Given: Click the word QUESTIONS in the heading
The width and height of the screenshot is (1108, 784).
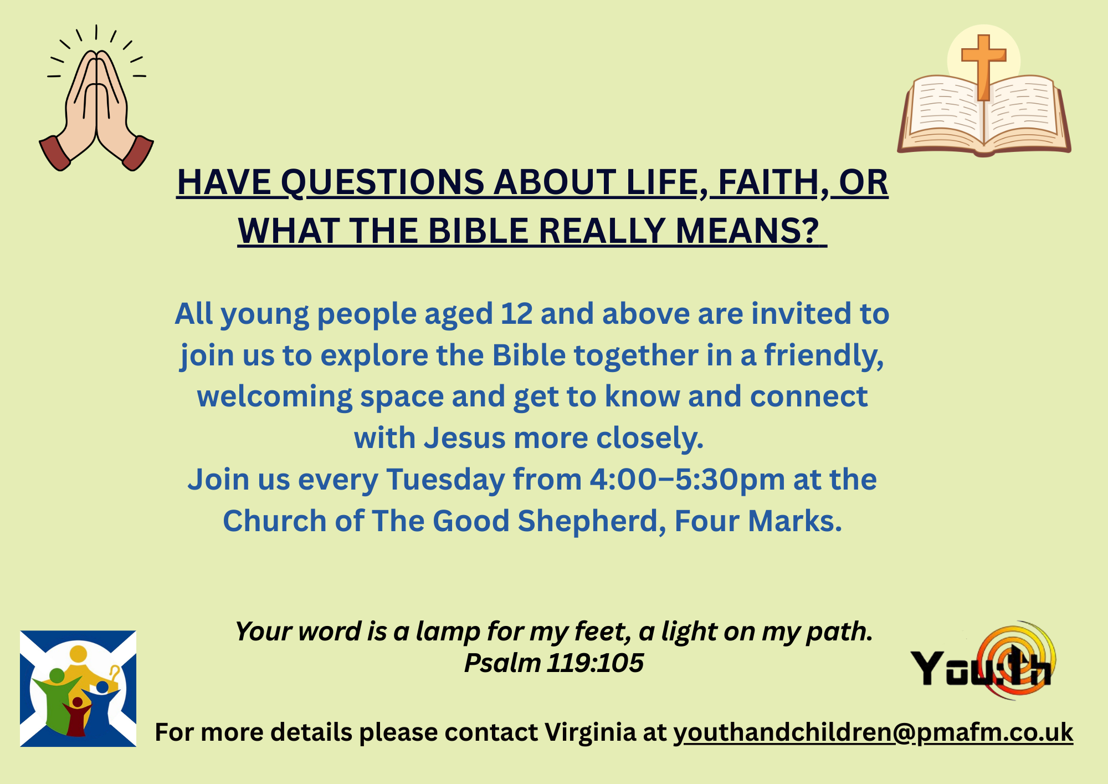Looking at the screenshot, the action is tap(383, 183).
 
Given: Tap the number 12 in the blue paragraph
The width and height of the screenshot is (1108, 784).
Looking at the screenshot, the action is tap(517, 314).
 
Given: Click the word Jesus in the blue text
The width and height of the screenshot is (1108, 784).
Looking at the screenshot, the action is tap(465, 438).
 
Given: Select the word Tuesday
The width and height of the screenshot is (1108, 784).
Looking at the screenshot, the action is tap(445, 480).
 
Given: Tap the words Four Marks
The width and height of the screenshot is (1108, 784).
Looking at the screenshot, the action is tap(758, 521).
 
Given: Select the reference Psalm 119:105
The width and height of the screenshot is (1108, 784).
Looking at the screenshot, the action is tap(554, 663).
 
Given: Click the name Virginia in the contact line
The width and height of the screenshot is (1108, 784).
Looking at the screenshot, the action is tap(590, 732).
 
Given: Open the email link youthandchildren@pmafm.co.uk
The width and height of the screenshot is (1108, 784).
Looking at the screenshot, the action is tap(873, 732).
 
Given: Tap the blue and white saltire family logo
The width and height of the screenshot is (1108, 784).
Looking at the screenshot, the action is tap(78, 689).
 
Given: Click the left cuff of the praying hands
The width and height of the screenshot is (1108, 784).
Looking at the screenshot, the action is tap(55, 152).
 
